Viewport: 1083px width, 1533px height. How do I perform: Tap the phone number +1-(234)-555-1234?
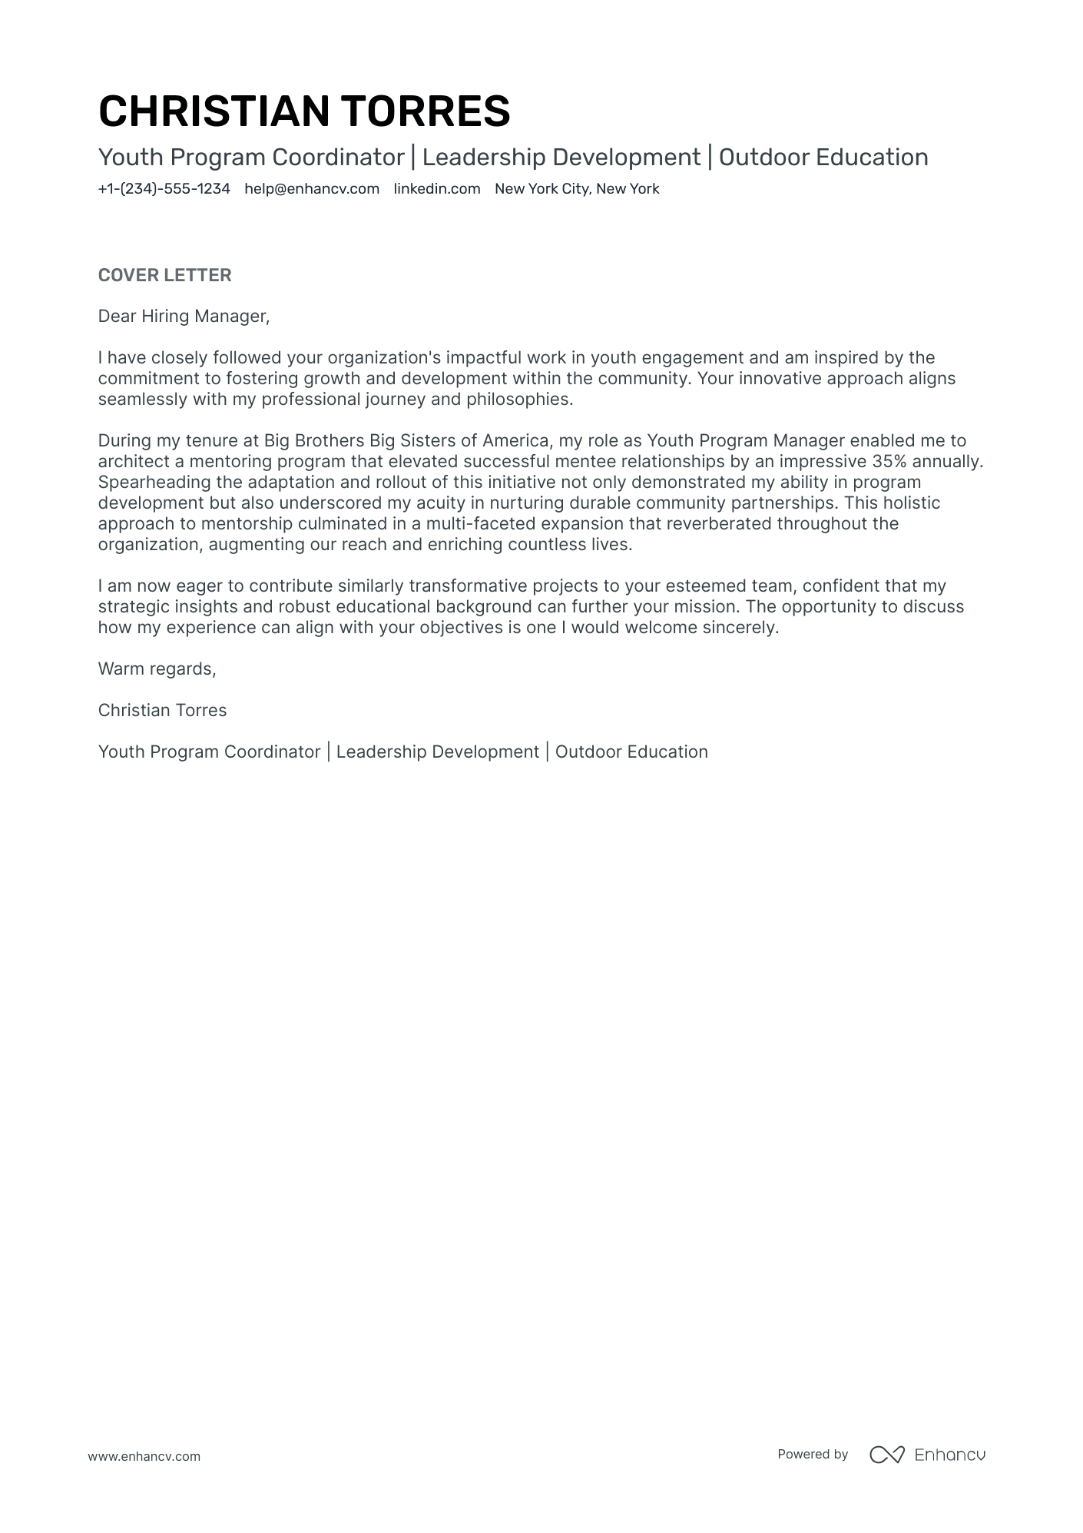164,189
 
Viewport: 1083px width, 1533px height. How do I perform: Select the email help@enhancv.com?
312,189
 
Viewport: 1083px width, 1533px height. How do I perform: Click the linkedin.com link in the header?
437,189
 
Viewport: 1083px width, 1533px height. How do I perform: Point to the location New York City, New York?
577,189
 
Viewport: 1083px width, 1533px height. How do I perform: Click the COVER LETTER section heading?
164,275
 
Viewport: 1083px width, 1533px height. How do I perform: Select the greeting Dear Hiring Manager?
184,317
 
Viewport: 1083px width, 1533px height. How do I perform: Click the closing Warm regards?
157,669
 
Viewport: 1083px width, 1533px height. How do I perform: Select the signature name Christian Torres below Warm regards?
162,711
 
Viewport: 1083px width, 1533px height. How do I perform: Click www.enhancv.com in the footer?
144,1456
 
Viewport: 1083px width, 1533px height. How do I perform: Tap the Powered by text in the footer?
812,1454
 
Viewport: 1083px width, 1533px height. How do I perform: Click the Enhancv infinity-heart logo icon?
886,1455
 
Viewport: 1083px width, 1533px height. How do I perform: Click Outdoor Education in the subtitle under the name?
823,158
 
